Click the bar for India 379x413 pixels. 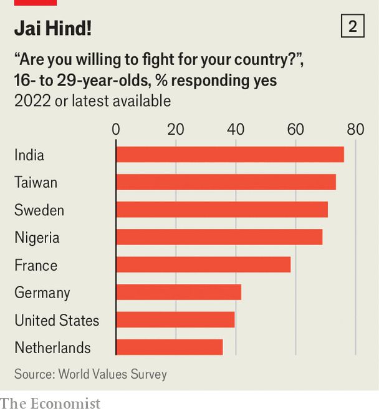(x=229, y=155)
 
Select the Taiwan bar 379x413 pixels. (x=226, y=182)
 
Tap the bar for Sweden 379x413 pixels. (x=222, y=210)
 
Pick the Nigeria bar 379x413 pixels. (x=219, y=237)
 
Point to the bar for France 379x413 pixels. (x=203, y=265)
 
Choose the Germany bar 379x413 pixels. (x=178, y=292)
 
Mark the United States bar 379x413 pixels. (x=175, y=319)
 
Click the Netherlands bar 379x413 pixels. (x=169, y=347)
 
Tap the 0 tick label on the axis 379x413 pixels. (x=116, y=130)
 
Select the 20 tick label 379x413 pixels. (x=176, y=130)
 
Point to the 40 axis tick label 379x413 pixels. (x=236, y=130)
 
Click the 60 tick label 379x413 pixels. (x=295, y=130)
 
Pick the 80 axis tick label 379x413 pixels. (x=355, y=130)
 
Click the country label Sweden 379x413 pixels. (x=39, y=210)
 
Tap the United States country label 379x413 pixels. (x=57, y=320)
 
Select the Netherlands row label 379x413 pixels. (x=52, y=347)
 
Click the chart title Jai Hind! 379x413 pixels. (x=53, y=28)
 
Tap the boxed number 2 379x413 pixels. (x=353, y=27)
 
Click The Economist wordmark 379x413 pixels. (x=50, y=404)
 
